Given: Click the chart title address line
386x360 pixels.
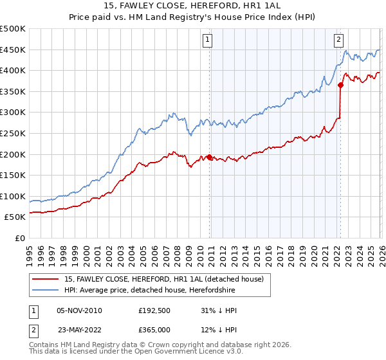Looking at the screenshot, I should pos(193,6).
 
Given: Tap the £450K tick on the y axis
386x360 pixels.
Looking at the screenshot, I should pos(13,50).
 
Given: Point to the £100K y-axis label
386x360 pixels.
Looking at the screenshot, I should pos(13,197).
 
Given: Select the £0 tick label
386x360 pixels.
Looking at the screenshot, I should pos(19,239).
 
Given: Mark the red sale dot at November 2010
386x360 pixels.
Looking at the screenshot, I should pos(210,157).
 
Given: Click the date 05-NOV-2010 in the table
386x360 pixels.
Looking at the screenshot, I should pos(79,310).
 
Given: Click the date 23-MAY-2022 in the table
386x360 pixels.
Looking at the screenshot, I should pos(79,330).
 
